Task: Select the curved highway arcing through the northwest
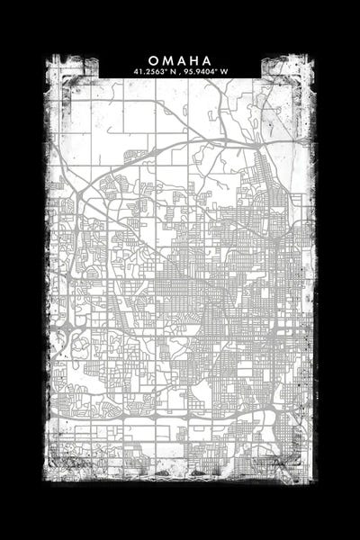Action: [x=99, y=176]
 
